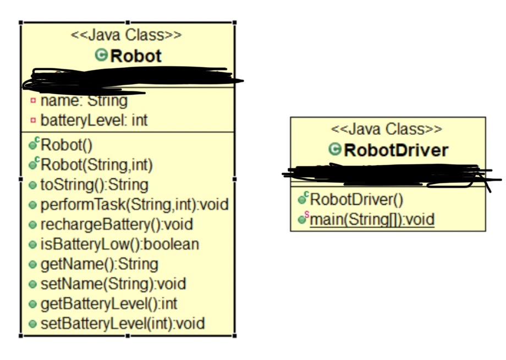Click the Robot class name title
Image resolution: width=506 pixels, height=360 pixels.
136,56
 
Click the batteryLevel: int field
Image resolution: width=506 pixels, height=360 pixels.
94,120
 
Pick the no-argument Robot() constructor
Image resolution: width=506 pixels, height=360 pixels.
67,145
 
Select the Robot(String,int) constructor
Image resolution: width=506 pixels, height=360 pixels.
97,164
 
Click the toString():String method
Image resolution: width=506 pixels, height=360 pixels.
94,184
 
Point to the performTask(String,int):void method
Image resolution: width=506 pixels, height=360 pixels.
134,204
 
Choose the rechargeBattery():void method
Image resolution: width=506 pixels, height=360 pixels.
117,224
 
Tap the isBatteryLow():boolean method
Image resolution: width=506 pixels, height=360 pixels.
119,244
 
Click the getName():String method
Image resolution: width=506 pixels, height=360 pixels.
99,264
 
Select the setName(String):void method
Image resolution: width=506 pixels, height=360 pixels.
113,283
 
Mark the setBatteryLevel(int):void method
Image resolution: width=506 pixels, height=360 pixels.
123,323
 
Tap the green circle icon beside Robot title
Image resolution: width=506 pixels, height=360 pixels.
101,55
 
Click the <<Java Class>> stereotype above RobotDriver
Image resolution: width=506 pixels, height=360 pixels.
387,129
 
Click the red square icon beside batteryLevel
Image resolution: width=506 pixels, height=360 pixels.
33,120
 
